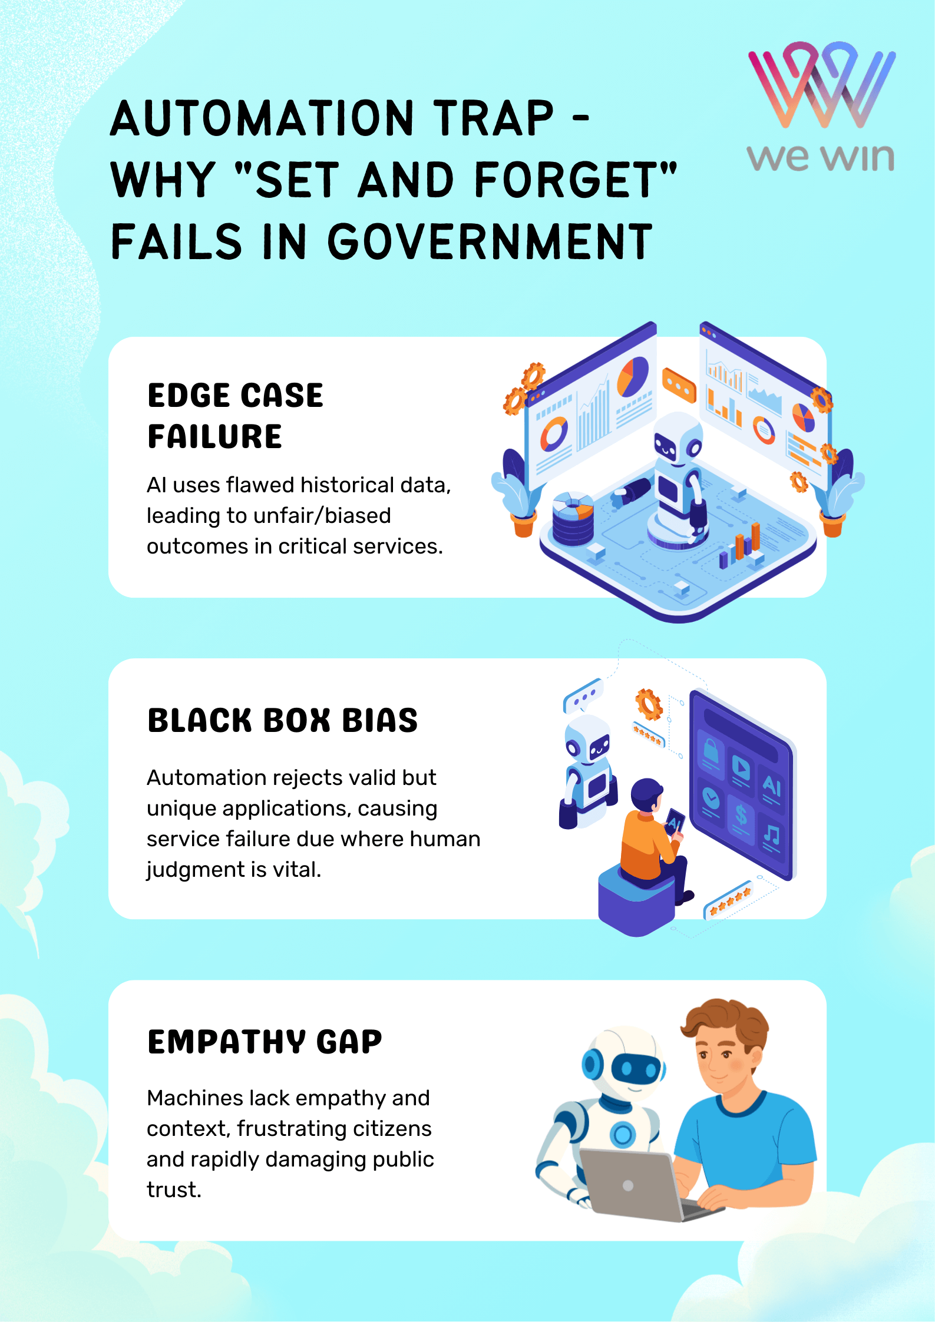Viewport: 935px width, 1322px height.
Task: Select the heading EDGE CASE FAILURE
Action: coord(235,415)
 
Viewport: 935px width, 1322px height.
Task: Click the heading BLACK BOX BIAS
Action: coord(282,720)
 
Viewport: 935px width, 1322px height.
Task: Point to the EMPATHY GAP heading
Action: coord(265,1042)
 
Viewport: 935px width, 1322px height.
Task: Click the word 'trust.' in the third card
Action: coord(174,1190)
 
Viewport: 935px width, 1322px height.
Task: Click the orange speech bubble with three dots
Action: coord(679,385)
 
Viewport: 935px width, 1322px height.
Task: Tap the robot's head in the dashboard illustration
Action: coord(678,439)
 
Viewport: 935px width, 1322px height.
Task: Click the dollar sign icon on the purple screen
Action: coord(741,816)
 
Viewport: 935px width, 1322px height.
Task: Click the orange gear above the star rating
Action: coord(649,704)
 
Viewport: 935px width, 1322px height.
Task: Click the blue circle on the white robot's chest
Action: coord(623,1134)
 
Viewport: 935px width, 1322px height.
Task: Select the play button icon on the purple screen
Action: coord(741,767)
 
